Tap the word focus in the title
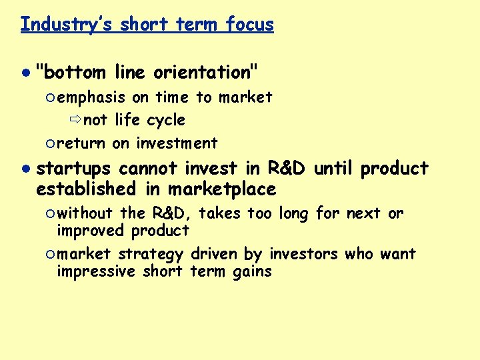[250, 25]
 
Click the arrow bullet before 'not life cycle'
[74, 121]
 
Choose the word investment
[177, 143]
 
